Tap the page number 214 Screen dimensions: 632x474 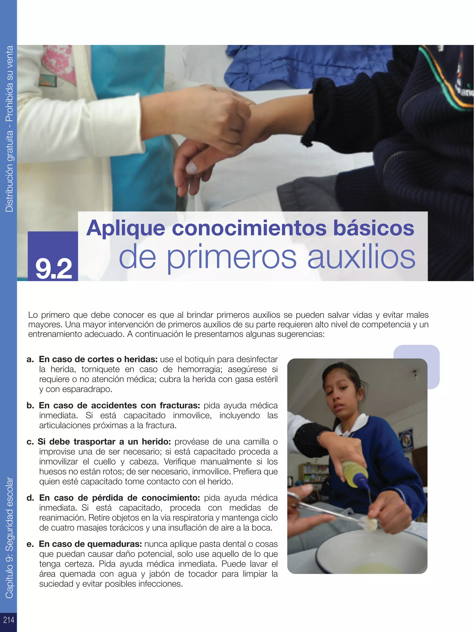(x=9, y=620)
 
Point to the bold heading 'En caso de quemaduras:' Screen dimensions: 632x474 (x=90, y=544)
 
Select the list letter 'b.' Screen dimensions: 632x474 (x=30, y=405)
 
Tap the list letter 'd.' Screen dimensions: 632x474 (x=30, y=498)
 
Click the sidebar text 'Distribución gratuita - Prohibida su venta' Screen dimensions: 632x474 (x=9, y=129)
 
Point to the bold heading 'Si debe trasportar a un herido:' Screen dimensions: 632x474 (x=104, y=442)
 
